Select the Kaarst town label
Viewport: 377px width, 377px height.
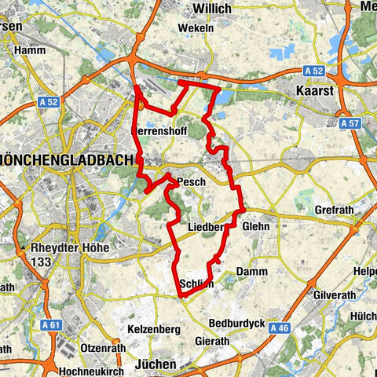pyautogui.click(x=315, y=91)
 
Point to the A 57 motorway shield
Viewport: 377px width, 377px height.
pyautogui.click(x=350, y=123)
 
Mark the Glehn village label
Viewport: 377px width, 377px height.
pyautogui.click(x=256, y=226)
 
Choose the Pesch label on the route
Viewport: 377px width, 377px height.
pyautogui.click(x=191, y=182)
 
